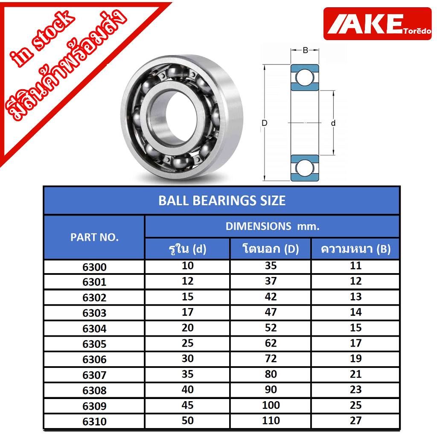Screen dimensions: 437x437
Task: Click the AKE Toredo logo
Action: click(x=377, y=24)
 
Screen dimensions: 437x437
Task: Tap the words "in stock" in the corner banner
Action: click(x=42, y=38)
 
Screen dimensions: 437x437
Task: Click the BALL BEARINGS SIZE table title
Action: click(x=222, y=201)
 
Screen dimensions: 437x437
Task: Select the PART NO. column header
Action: click(x=94, y=237)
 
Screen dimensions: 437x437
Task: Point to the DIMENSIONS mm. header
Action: click(x=272, y=226)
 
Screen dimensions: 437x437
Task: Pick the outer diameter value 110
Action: click(x=271, y=420)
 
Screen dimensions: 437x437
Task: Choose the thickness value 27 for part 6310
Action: click(x=355, y=420)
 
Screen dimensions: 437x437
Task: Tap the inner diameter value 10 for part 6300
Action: click(x=188, y=265)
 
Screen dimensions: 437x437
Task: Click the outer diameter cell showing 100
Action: click(x=271, y=405)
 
